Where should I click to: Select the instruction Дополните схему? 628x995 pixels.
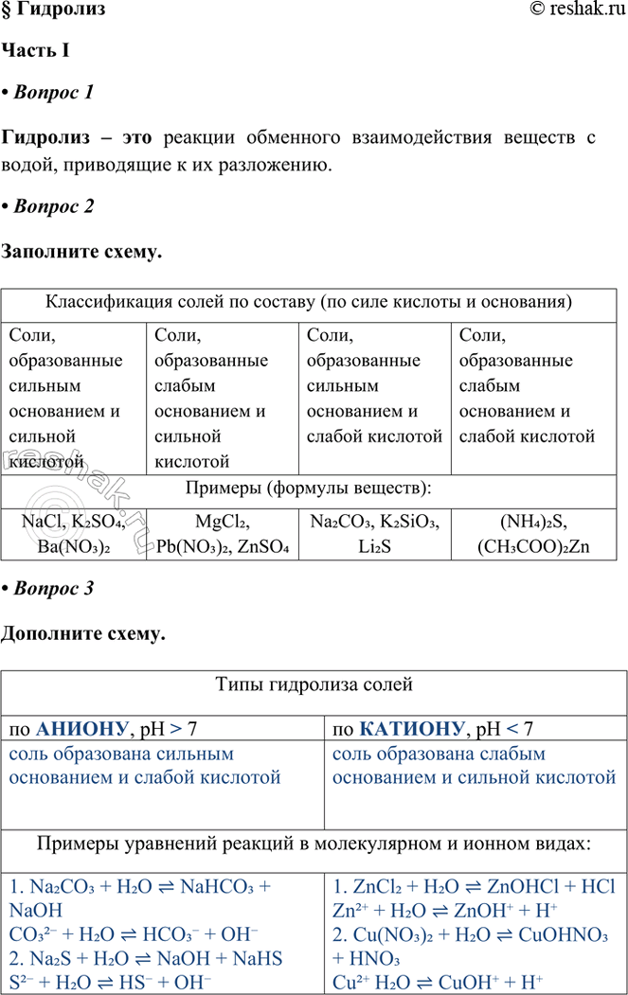pyautogui.click(x=83, y=634)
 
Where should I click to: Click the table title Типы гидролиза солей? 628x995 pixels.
pyautogui.click(x=314, y=684)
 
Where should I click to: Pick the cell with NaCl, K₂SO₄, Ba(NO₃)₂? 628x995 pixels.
pyautogui.click(x=73, y=534)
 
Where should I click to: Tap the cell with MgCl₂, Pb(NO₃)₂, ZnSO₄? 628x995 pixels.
pyautogui.click(x=222, y=534)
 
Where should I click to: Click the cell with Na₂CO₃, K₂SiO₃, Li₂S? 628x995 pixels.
pyautogui.click(x=375, y=534)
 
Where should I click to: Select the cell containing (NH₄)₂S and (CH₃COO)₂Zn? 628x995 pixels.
pyautogui.click(x=538, y=534)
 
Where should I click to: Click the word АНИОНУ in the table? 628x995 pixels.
pyautogui.click(x=81, y=729)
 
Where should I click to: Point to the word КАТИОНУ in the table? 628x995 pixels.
pyautogui.click(x=414, y=729)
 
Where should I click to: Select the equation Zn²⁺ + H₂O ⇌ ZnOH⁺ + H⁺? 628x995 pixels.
pyautogui.click(x=445, y=911)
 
